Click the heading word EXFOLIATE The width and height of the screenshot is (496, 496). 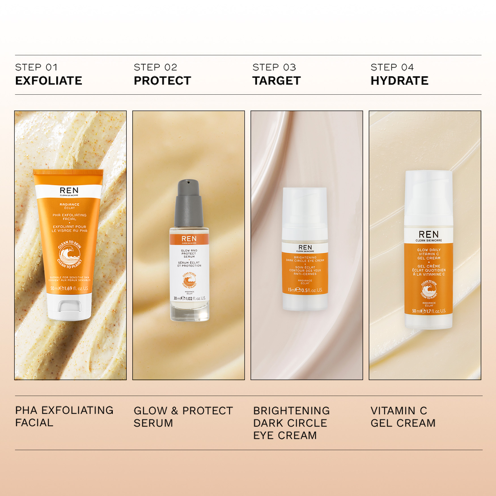[x=48, y=81]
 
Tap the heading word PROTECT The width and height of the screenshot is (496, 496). [x=162, y=81]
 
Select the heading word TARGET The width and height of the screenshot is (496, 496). [x=276, y=81]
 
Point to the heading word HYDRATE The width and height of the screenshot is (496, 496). [x=399, y=81]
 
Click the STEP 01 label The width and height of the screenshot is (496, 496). [x=36, y=67]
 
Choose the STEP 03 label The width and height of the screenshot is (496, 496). [x=274, y=67]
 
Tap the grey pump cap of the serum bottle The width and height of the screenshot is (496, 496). [x=188, y=203]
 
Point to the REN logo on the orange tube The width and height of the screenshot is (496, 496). [x=69, y=190]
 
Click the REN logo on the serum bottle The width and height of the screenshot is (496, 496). [x=189, y=239]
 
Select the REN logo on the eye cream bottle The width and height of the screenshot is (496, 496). [x=305, y=247]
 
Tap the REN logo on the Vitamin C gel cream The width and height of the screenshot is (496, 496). [x=429, y=235]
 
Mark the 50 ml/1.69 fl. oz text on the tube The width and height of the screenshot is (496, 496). [x=69, y=288]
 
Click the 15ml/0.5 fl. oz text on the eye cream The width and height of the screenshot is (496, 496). [x=305, y=290]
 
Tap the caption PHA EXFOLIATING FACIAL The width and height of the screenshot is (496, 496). [x=64, y=416]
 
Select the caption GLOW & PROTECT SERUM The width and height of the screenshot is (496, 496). [x=183, y=417]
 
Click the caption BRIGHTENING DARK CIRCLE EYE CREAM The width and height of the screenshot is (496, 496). [x=291, y=423]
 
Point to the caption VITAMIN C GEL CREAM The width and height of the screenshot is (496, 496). [x=403, y=417]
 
